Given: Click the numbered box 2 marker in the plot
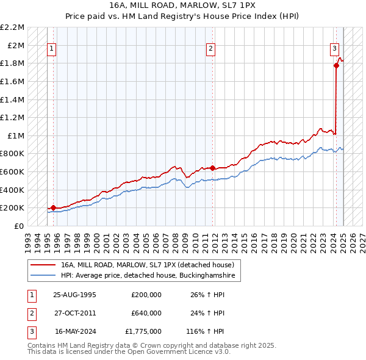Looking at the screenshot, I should (210, 50).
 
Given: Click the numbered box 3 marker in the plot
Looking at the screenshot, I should (335, 50).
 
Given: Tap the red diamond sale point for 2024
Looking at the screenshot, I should (336, 65).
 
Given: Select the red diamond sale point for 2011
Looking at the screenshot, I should (212, 168).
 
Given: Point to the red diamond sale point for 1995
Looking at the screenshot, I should (53, 207).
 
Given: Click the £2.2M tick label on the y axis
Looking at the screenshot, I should (13, 27).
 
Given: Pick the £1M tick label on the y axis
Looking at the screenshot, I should (16, 135).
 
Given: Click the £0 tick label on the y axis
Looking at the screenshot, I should (19, 226).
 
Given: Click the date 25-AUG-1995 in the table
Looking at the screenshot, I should (75, 295).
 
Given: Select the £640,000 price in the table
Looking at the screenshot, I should (146, 313).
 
